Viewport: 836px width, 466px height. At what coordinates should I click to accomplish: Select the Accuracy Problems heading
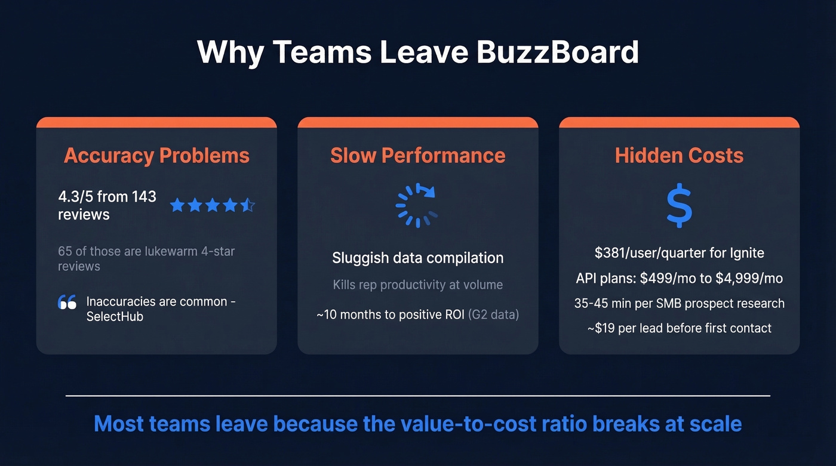[156, 156]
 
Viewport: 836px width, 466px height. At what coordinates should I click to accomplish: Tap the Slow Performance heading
[418, 156]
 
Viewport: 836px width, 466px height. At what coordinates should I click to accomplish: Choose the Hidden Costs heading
[679, 156]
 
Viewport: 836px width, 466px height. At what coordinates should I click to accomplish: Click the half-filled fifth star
[248, 206]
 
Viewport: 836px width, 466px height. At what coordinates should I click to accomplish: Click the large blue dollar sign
[679, 206]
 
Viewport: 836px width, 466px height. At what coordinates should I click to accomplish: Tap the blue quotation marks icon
[67, 303]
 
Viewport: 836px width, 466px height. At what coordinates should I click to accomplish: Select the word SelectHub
[115, 317]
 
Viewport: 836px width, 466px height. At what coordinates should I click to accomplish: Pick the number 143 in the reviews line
[144, 196]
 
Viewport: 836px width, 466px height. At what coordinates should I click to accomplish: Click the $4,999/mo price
[749, 279]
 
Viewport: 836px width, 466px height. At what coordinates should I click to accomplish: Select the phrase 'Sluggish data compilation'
[418, 258]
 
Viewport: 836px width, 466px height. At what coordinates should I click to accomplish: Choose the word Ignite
[746, 253]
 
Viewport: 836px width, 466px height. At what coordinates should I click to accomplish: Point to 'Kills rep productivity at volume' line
[418, 285]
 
